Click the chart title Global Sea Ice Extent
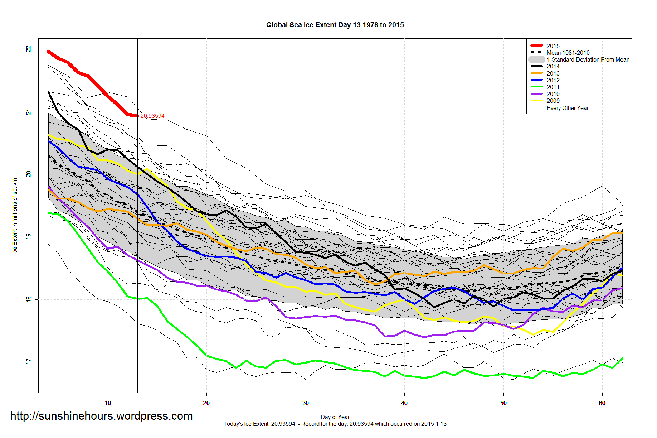(335, 25)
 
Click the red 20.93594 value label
(152, 116)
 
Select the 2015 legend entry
(553, 46)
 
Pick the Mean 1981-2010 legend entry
(568, 53)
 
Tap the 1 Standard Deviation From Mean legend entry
(588, 59)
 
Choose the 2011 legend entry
(553, 87)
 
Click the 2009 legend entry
(553, 101)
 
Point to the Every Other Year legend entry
(568, 108)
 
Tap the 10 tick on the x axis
(108, 403)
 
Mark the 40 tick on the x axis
(404, 403)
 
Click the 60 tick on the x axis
(602, 403)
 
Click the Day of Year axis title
(335, 417)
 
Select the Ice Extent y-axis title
(15, 215)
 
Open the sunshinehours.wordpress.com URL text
(101, 416)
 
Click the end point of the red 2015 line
(138, 116)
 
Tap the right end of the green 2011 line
(623, 358)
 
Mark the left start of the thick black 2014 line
(48, 92)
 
